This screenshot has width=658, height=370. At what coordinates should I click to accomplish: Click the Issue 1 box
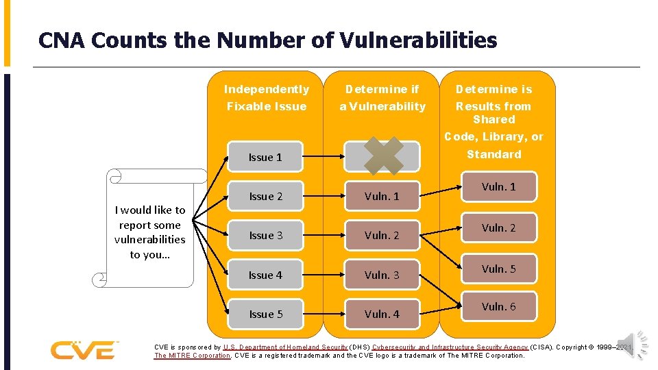click(266, 158)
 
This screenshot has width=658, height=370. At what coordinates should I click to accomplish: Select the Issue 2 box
click(266, 197)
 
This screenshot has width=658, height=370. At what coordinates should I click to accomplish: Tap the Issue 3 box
click(266, 236)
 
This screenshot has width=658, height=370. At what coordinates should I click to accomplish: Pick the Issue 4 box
click(266, 275)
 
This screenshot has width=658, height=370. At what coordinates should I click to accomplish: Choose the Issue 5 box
click(266, 314)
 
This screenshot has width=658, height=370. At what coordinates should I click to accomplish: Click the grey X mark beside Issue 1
click(383, 156)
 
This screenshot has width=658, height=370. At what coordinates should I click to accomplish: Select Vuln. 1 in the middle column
click(382, 197)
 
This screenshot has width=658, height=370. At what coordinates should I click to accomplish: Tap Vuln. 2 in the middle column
click(382, 236)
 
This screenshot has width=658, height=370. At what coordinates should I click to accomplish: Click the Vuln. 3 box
click(382, 275)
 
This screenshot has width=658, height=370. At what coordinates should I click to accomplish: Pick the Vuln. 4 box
click(382, 314)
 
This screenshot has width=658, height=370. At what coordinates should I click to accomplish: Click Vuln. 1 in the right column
click(498, 187)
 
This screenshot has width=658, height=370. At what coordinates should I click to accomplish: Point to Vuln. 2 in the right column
click(498, 228)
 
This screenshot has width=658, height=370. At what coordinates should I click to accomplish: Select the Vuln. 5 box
click(498, 269)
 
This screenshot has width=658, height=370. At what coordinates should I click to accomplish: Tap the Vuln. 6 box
click(498, 307)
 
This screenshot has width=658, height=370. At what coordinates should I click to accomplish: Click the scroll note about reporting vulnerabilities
click(150, 232)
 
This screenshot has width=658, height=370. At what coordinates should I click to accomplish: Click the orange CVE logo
click(83, 349)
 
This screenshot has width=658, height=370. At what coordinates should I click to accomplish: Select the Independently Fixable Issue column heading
click(267, 98)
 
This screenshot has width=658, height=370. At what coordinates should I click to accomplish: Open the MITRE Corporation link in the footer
click(193, 356)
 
